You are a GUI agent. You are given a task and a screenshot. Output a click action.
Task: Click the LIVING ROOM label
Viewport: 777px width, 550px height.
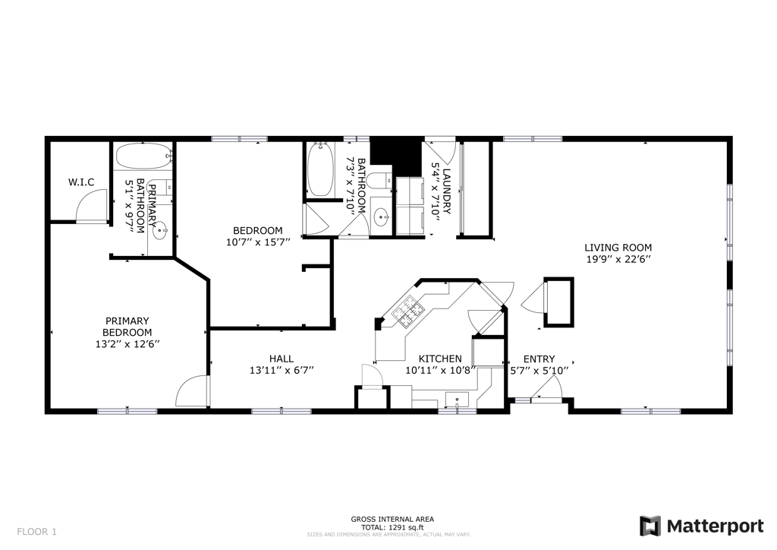[618, 248]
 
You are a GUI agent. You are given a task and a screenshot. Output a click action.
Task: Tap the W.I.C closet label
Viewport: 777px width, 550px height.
[81, 182]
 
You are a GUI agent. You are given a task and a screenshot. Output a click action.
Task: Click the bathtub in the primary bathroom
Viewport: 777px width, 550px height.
[143, 156]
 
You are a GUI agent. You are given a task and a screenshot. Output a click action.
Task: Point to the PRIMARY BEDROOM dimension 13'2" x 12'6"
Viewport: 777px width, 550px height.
[127, 344]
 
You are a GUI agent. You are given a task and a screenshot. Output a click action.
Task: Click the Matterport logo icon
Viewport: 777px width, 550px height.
[650, 526]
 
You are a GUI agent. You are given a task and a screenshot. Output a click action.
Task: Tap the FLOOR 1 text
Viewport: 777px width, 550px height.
[36, 532]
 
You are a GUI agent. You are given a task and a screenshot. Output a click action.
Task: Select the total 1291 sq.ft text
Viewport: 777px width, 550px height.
[392, 527]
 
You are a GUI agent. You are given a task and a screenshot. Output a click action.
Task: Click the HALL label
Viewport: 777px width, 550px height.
[282, 359]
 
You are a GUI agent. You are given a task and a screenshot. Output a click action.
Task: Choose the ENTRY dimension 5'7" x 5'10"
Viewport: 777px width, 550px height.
[539, 371]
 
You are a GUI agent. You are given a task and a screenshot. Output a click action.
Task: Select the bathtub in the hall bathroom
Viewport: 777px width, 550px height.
[319, 170]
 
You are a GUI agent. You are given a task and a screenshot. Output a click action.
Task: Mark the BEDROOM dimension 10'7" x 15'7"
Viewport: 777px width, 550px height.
[258, 243]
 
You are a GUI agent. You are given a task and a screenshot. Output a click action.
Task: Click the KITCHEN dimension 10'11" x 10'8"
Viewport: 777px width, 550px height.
[440, 371]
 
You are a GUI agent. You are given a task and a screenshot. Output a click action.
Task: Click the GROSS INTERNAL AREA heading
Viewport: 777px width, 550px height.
[392, 520]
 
